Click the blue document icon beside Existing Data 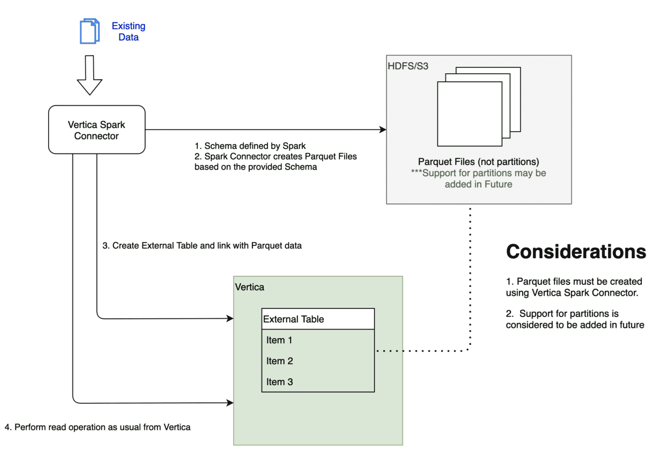pyautogui.click(x=89, y=31)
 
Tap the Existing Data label pyautogui.click(x=128, y=31)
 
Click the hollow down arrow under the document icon pyautogui.click(x=89, y=75)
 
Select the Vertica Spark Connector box pyautogui.click(x=97, y=130)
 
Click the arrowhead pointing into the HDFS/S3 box pyautogui.click(x=383, y=129)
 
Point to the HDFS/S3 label pyautogui.click(x=408, y=66)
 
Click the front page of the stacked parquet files pyautogui.click(x=469, y=114)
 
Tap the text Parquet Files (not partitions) pyautogui.click(x=478, y=162)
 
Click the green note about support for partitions pyautogui.click(x=478, y=179)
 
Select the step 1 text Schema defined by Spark pyautogui.click(x=250, y=146)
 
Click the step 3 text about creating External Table pyautogui.click(x=202, y=245)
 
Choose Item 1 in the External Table pyautogui.click(x=279, y=340)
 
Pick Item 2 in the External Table pyautogui.click(x=280, y=361)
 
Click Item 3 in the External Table pyautogui.click(x=280, y=382)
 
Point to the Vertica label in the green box pyautogui.click(x=249, y=287)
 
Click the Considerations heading pyautogui.click(x=575, y=252)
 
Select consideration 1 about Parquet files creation pyautogui.click(x=574, y=287)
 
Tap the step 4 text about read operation pyautogui.click(x=98, y=427)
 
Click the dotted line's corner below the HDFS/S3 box pyautogui.click(x=469, y=350)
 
